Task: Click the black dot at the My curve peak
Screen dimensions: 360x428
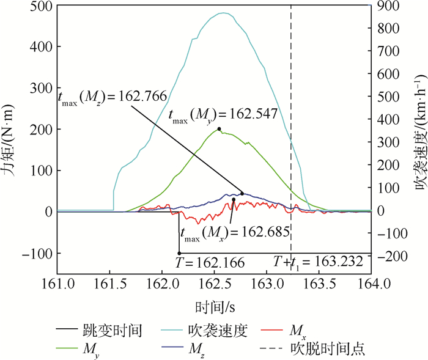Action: pos(219,129)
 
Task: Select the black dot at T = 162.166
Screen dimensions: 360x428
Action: pos(179,253)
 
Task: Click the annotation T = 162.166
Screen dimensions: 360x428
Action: pos(210,263)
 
